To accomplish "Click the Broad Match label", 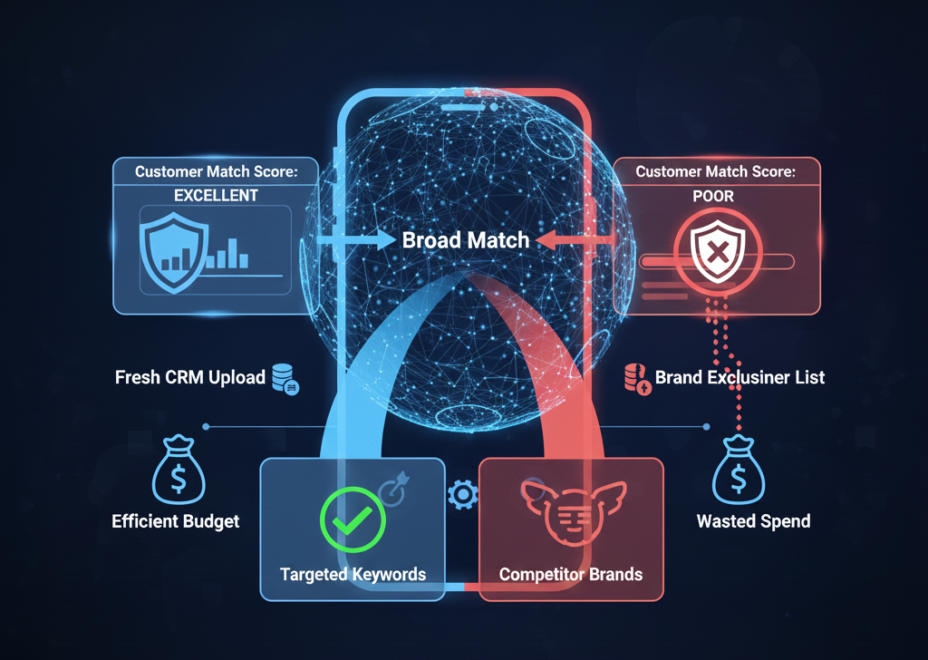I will (x=466, y=240).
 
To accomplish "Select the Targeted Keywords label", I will (x=353, y=575).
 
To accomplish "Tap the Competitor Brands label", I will (x=571, y=575).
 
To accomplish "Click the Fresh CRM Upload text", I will (x=189, y=377).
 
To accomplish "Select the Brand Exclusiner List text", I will (x=739, y=377).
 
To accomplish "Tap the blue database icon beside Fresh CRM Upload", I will (x=285, y=378).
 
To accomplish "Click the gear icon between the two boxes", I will (x=462, y=494).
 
